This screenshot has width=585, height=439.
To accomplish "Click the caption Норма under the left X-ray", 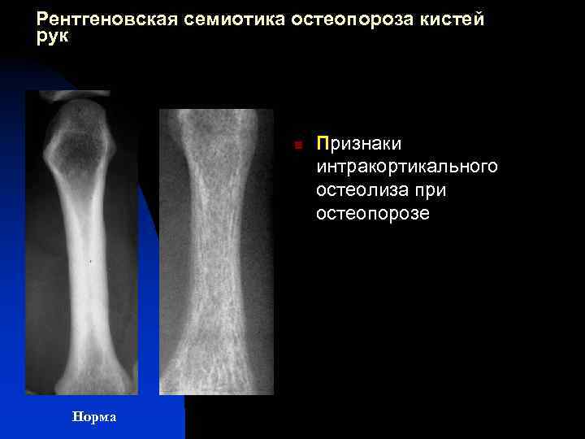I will (94, 417).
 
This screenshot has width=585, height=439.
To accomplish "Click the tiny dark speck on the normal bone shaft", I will (89, 262).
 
